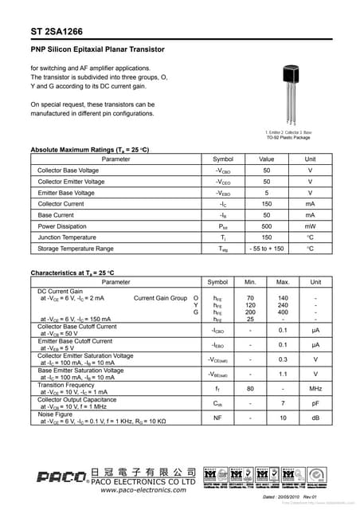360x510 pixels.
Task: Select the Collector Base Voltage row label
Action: pos(68,171)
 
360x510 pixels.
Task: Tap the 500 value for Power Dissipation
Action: pos(267,226)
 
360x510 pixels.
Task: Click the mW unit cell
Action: pos(310,226)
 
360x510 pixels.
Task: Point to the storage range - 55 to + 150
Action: pos(267,249)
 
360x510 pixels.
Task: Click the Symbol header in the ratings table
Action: pos(223,159)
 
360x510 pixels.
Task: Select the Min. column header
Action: pos(250,282)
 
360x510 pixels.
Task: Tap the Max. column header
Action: pos(283,282)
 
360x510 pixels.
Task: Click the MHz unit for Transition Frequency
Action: pos(315,388)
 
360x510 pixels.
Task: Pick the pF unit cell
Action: pos(315,402)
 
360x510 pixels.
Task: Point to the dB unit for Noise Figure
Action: pos(315,417)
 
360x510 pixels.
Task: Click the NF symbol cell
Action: pos(217,417)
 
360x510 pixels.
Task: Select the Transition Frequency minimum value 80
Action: pos(250,388)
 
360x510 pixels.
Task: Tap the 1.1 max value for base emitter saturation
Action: pos(283,374)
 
